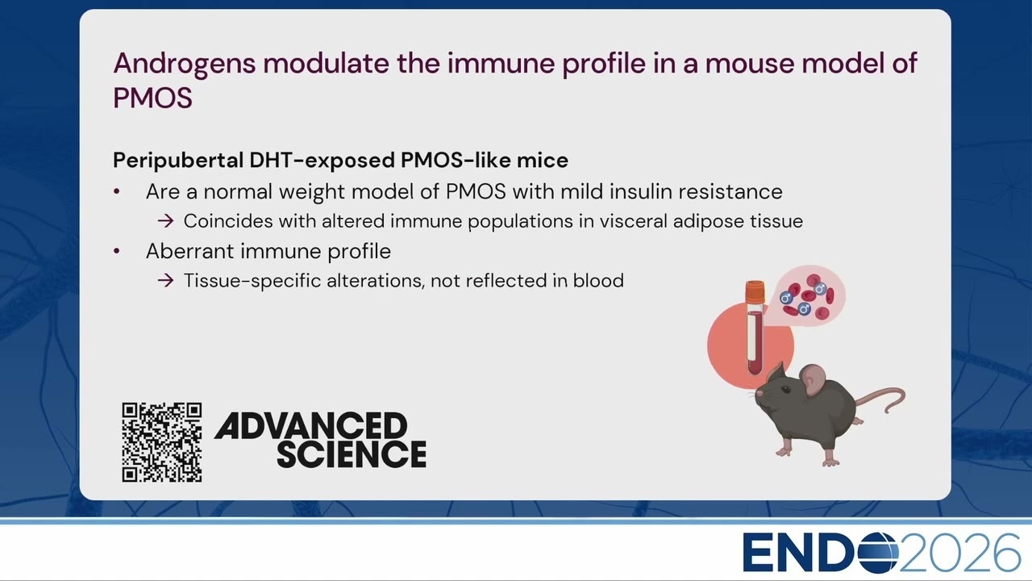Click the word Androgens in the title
click(x=185, y=64)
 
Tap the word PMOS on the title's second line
click(x=152, y=98)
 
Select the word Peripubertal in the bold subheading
click(x=178, y=161)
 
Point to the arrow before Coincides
click(x=165, y=221)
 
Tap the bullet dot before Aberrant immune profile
click(x=117, y=251)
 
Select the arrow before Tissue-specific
click(x=165, y=280)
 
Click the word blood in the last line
click(x=598, y=280)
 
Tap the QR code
click(x=162, y=442)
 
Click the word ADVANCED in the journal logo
click(x=310, y=425)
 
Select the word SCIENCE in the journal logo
click(x=352, y=454)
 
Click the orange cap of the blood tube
click(x=755, y=292)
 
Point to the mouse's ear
click(x=814, y=379)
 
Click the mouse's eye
click(x=785, y=390)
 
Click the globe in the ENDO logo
click(x=878, y=552)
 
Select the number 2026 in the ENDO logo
click(x=959, y=553)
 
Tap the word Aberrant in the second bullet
click(x=189, y=251)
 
